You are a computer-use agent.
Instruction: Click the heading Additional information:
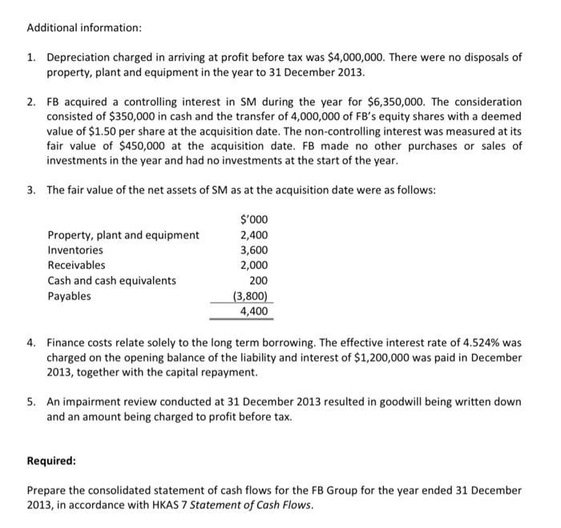click(84, 27)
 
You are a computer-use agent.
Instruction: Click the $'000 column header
click(254, 219)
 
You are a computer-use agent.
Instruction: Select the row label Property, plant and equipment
click(123, 235)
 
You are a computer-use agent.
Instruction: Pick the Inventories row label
click(75, 250)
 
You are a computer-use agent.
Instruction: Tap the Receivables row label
click(76, 266)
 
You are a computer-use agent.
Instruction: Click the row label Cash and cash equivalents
click(112, 281)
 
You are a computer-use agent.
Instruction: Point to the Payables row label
click(70, 296)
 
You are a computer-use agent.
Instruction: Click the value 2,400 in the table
click(254, 235)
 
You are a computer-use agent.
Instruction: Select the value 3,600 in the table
click(254, 250)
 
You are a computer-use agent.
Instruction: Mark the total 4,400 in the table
click(254, 311)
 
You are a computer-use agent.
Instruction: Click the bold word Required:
click(52, 461)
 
